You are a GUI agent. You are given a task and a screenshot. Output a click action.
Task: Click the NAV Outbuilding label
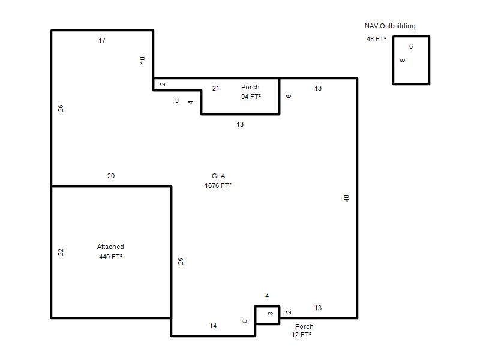390,26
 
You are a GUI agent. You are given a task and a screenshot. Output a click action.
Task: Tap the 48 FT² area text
377,39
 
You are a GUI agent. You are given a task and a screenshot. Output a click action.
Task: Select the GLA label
218,176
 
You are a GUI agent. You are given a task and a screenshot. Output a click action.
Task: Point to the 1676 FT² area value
218,185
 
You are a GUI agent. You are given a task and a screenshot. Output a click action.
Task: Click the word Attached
110,247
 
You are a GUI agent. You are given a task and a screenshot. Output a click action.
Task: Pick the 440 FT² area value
110,257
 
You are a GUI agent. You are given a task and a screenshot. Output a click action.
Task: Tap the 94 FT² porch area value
251,97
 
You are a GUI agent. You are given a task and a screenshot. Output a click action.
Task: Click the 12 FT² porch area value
302,335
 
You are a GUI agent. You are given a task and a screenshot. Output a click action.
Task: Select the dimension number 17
102,40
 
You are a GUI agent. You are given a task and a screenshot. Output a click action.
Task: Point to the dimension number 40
347,198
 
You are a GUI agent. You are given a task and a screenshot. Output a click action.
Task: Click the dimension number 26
61,108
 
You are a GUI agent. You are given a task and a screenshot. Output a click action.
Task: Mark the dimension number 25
181,261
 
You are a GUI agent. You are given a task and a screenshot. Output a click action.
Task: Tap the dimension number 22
61,252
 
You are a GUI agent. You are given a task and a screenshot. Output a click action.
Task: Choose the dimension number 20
111,176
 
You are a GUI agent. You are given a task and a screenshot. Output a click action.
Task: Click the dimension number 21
216,88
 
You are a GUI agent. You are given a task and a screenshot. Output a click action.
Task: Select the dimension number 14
214,326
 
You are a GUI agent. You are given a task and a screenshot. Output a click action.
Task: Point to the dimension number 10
142,60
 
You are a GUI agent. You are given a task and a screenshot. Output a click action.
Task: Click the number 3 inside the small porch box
271,313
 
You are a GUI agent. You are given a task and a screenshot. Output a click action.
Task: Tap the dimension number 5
244,321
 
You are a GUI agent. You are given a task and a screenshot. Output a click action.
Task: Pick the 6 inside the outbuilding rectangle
411,47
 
